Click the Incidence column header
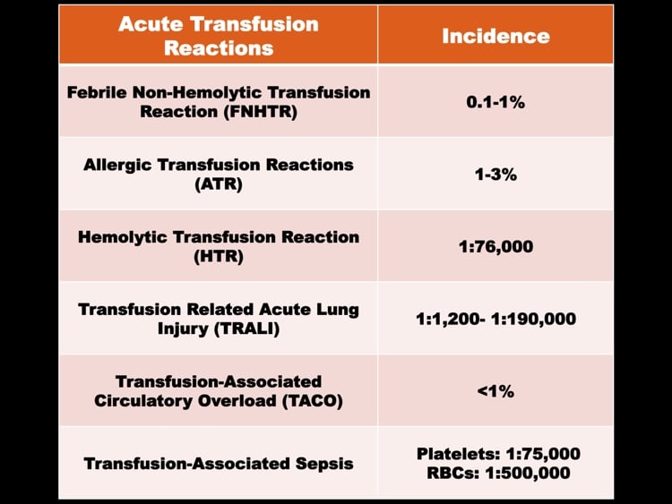point(495,36)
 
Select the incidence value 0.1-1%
point(495,101)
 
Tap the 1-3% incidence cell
point(495,174)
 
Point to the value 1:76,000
point(495,245)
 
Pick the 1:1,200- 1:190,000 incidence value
point(495,319)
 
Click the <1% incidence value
point(495,390)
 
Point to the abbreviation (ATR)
point(218,184)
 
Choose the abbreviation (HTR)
point(218,256)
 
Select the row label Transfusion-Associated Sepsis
point(218,464)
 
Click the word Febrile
point(99,92)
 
